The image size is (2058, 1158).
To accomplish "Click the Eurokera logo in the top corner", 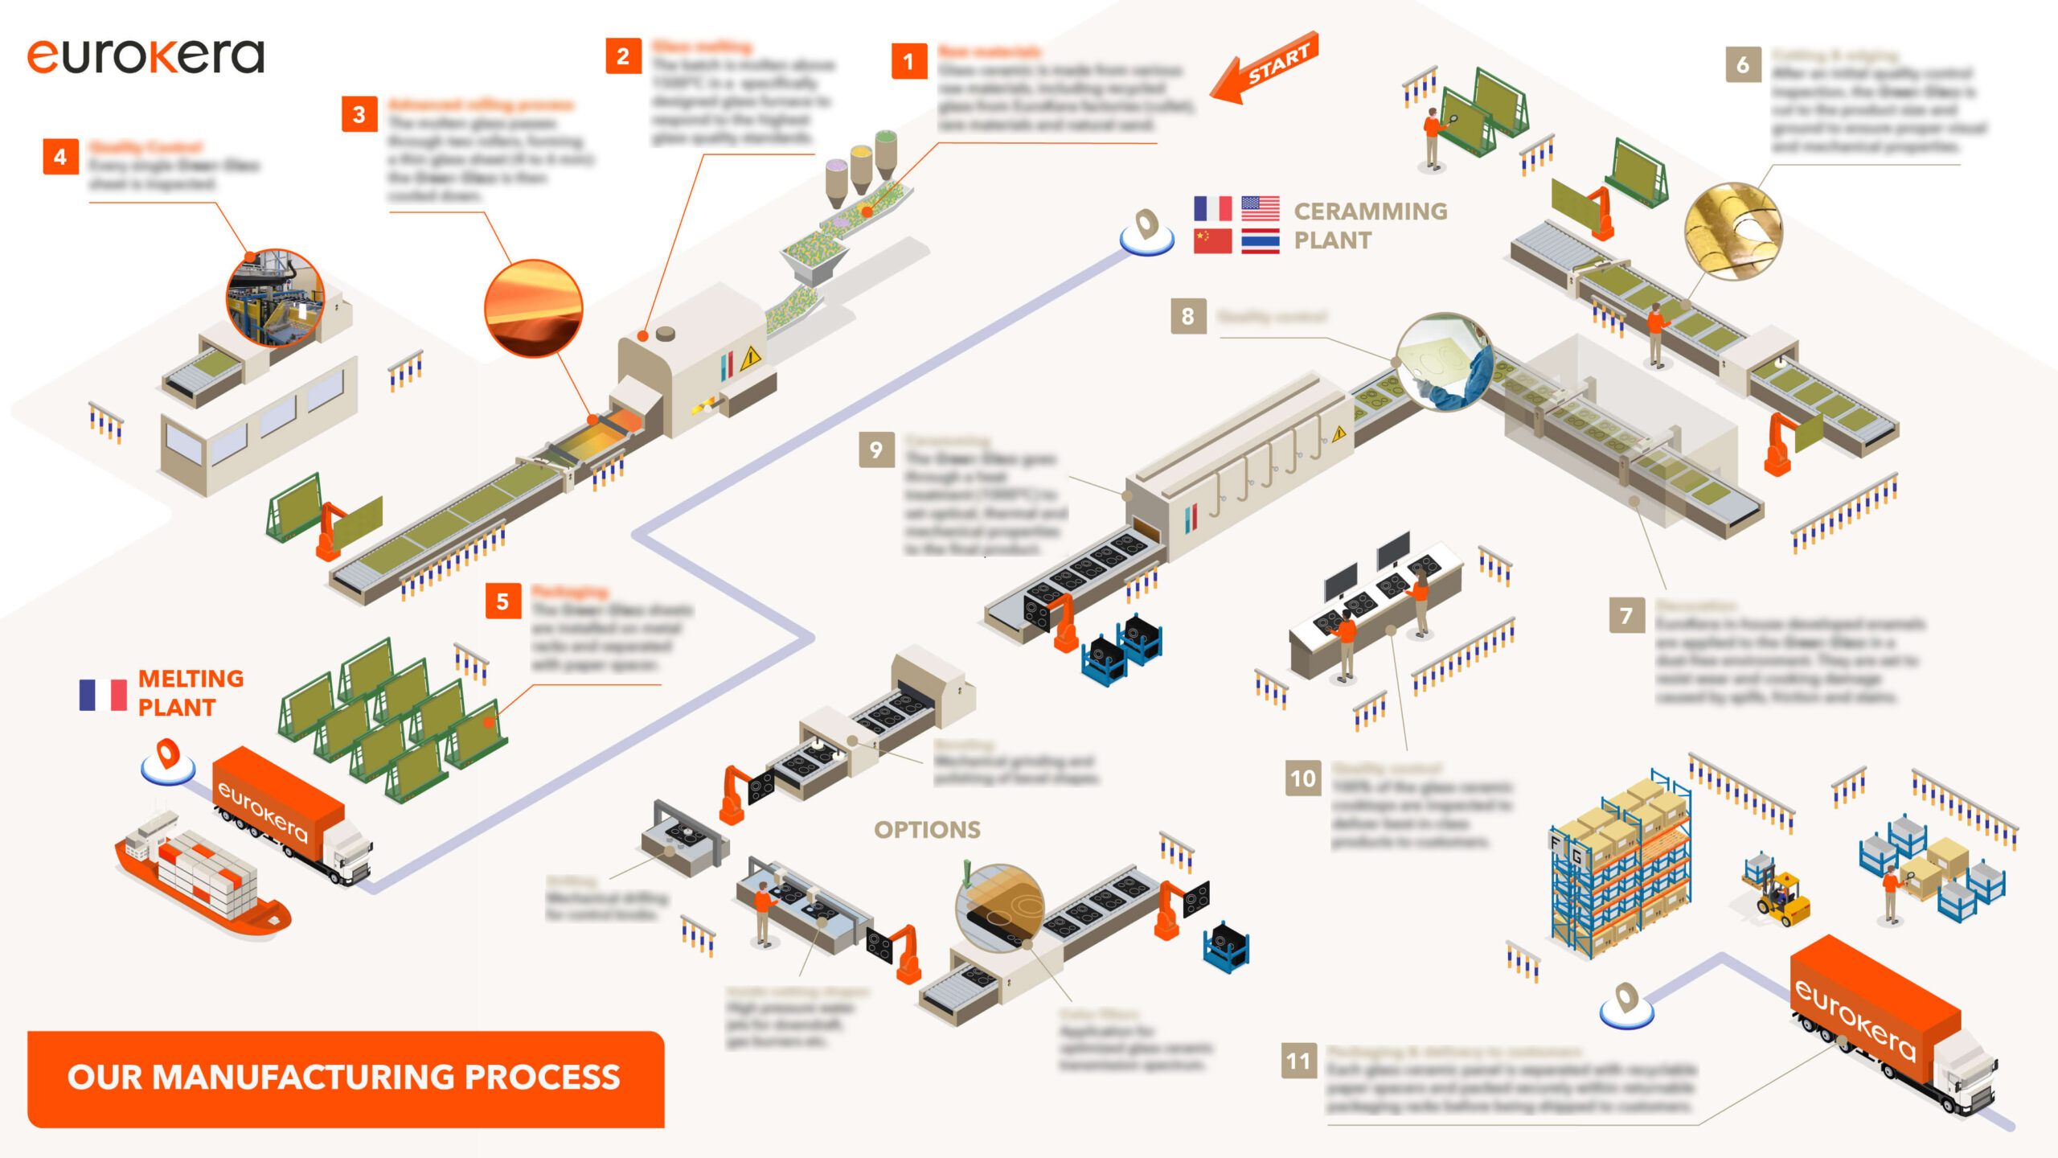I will (146, 56).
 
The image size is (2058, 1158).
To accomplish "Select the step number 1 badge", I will (908, 61).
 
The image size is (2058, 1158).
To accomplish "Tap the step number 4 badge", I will (60, 157).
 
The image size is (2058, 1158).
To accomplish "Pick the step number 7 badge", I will (1625, 616).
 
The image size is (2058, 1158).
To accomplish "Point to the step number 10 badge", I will (1302, 778).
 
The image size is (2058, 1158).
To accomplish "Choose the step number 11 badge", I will (1298, 1061).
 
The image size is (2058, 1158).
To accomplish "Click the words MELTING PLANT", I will (191, 693).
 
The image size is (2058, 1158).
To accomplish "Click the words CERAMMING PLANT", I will (1370, 226).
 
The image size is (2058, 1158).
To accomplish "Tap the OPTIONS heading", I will (927, 830).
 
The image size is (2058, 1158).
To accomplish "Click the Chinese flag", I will (1212, 240).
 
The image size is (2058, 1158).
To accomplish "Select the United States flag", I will (1260, 208).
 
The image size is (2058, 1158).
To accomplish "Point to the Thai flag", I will (1260, 241).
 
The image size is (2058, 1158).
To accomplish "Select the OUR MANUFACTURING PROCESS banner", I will (346, 1078).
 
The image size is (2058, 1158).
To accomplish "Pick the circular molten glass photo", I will (533, 308).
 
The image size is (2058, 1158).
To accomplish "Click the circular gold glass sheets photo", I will (1732, 231).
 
